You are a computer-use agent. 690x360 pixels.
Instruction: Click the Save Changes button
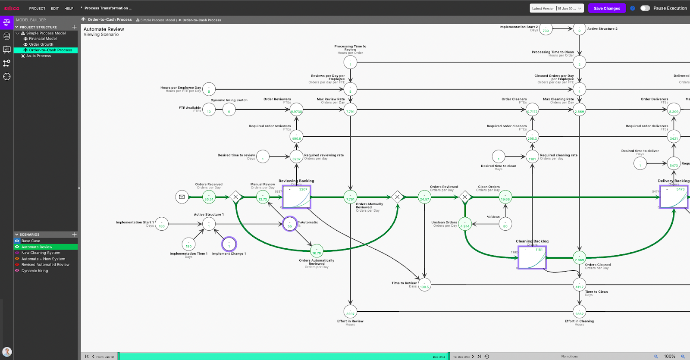click(x=606, y=8)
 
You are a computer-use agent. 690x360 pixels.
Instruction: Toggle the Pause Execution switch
click(x=645, y=8)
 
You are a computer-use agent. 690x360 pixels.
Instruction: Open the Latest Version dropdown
click(x=556, y=8)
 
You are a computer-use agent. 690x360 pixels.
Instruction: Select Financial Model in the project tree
click(x=43, y=39)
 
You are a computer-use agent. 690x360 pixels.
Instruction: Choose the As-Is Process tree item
click(x=38, y=56)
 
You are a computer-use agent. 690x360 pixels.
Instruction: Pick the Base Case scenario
click(x=31, y=241)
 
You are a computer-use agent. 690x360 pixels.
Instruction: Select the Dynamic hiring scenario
click(x=34, y=271)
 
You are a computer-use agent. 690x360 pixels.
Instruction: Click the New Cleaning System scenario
click(x=41, y=253)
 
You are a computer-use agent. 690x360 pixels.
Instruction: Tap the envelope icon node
click(x=182, y=197)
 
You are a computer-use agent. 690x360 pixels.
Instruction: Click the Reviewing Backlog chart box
click(x=296, y=197)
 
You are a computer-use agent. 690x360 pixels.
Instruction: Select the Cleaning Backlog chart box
click(x=532, y=257)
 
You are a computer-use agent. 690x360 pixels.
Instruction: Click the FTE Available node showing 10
click(x=209, y=110)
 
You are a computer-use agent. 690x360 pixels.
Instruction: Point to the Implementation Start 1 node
click(x=162, y=224)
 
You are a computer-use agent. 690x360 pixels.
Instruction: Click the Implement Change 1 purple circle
click(x=229, y=244)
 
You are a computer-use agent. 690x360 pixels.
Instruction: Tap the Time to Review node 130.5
click(x=424, y=285)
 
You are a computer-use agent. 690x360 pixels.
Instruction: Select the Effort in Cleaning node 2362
click(x=579, y=312)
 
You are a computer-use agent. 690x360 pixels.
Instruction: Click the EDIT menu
click(x=55, y=8)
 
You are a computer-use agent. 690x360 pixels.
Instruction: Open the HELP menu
click(x=69, y=8)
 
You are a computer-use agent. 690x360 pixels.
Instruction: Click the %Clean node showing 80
click(x=505, y=224)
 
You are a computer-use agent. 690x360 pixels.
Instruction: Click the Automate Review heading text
click(x=103, y=29)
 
